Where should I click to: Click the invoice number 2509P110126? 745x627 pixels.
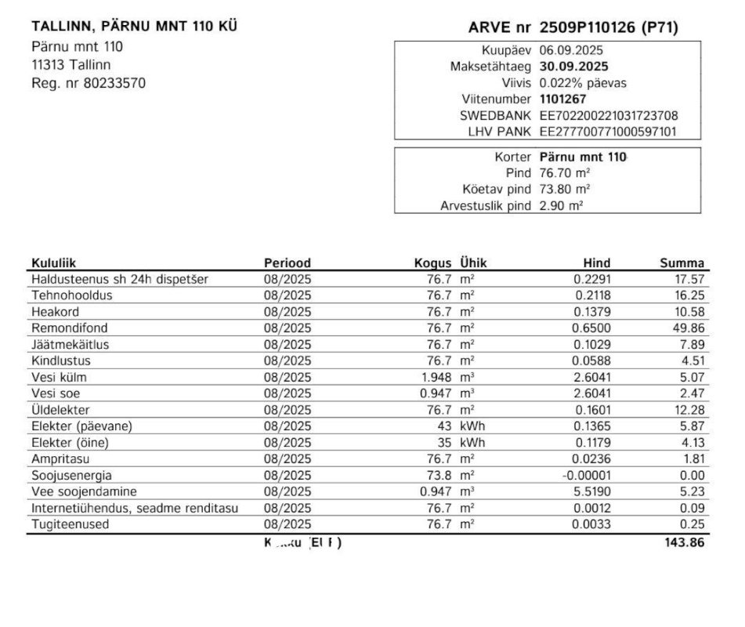click(587, 29)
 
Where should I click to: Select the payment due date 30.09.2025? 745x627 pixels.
click(574, 67)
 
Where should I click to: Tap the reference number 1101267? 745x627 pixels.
click(562, 100)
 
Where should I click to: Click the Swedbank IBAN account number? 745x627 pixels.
click(609, 116)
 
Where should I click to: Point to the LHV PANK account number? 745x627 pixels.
click(608, 132)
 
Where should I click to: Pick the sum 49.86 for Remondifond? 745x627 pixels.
click(689, 328)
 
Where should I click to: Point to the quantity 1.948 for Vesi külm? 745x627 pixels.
click(436, 377)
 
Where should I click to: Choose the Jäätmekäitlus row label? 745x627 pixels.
click(71, 344)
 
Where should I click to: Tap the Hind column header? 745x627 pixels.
click(597, 263)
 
